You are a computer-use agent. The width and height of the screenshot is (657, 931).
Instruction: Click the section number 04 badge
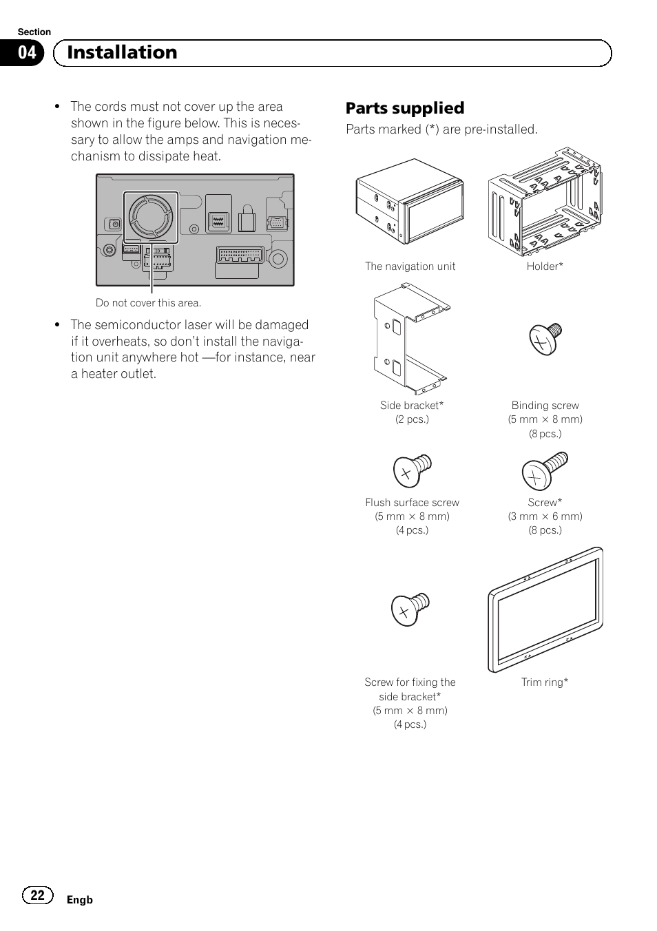27,53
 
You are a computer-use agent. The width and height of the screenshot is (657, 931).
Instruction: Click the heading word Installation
122,52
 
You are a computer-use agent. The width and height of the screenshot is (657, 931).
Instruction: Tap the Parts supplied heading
405,108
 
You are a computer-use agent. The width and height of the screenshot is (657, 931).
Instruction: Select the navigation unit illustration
410,201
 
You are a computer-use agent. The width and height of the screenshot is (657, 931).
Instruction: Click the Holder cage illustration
544,200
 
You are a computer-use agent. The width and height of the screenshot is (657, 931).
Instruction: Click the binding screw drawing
545,338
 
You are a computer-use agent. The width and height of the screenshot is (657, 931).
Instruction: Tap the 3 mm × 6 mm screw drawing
545,470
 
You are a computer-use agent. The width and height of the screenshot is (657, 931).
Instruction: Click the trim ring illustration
545,609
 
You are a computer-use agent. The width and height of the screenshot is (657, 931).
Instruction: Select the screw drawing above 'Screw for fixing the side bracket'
410,609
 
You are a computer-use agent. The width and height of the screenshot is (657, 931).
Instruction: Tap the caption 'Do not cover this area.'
148,303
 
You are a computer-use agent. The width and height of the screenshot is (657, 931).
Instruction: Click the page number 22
38,895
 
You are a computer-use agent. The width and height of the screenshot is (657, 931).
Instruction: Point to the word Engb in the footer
79,900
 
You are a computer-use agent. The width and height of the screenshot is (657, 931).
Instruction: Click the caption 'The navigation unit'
410,266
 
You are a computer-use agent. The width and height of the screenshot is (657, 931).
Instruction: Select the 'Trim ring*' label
544,682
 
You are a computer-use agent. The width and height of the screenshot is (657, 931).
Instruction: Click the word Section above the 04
34,32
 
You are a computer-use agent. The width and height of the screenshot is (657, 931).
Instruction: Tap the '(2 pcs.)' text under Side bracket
412,419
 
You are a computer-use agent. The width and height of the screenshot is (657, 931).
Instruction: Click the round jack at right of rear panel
278,259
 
